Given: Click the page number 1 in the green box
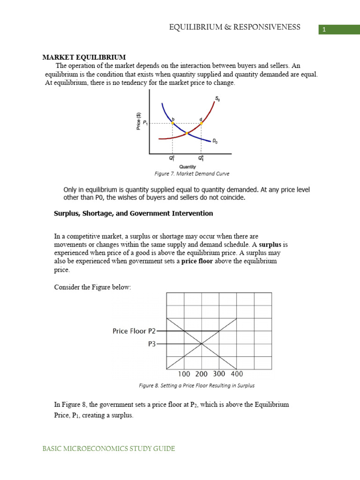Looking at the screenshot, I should (323, 30).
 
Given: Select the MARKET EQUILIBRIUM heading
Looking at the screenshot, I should (84, 57).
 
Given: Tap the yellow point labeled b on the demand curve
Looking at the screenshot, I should (172, 123).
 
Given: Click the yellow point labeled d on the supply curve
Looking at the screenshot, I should (201, 123).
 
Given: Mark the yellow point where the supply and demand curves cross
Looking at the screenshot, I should (186, 134).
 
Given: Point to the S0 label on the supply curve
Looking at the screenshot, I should (217, 98).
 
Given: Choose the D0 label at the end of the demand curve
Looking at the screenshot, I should (215, 140).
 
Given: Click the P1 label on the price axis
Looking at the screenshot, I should (145, 123).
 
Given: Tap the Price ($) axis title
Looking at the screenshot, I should (138, 121).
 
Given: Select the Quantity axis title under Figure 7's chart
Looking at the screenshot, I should (187, 166).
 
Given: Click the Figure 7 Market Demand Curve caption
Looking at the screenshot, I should (192, 173).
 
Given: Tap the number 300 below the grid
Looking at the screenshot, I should (219, 374).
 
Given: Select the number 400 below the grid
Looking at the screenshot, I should (236, 374).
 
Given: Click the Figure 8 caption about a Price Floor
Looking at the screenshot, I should (196, 386).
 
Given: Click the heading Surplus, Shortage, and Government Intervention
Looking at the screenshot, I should (134, 213).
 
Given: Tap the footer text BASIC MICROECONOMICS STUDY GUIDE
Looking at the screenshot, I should (109, 449).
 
